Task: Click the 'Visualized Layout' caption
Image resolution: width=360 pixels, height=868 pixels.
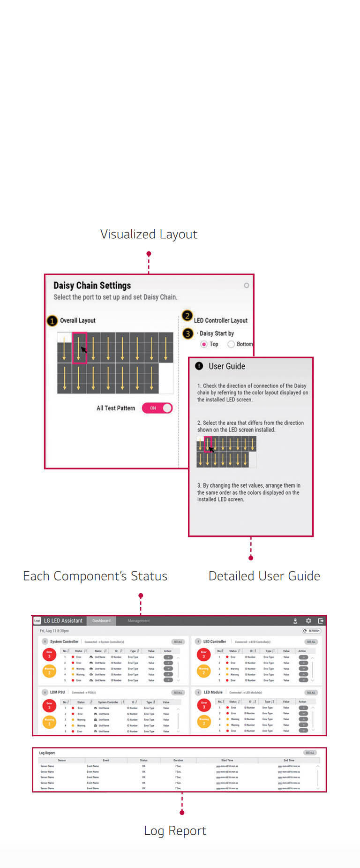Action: (149, 234)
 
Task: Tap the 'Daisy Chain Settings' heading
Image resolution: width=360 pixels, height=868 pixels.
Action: (92, 286)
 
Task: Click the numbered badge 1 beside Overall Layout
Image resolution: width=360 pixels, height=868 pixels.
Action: (52, 321)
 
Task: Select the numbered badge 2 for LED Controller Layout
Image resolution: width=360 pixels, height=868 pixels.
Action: (187, 316)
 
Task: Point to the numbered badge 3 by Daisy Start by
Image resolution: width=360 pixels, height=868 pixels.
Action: (187, 333)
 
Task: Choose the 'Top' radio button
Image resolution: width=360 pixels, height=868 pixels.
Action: (204, 344)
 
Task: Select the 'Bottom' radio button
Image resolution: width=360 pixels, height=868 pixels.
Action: (231, 344)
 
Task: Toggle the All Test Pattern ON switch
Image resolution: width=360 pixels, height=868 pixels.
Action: (157, 408)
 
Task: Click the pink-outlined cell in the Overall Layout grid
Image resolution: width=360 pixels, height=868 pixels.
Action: (79, 347)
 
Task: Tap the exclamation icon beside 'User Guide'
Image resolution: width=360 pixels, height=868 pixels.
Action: (199, 366)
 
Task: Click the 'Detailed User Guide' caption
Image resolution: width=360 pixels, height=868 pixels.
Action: (264, 576)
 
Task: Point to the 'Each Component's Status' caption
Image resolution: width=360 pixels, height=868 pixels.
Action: (95, 576)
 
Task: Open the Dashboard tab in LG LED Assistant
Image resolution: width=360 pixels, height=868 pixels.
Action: (101, 620)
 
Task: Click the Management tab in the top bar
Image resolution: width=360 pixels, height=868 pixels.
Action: (138, 620)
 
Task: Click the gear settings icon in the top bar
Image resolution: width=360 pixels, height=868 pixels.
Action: (308, 620)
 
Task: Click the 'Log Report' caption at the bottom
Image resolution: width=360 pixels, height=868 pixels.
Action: (175, 830)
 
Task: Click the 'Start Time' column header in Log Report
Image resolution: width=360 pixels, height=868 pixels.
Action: (227, 760)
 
